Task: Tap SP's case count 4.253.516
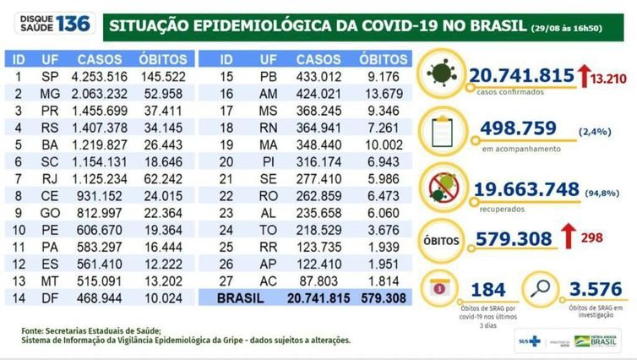click(x=99, y=75)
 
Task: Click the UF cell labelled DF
click(x=52, y=297)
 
